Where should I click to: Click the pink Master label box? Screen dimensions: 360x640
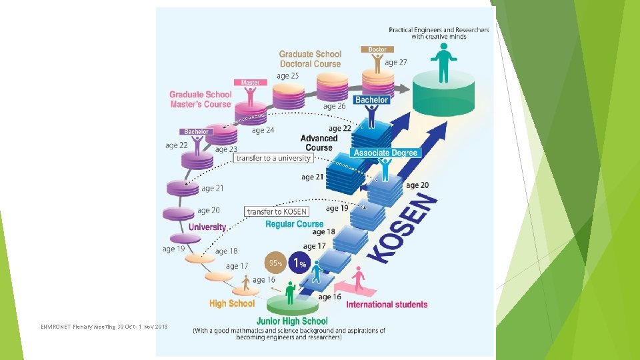pyautogui.click(x=250, y=83)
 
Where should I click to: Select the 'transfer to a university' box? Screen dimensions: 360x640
pyautogui.click(x=273, y=158)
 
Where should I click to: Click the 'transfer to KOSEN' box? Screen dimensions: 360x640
pyautogui.click(x=277, y=211)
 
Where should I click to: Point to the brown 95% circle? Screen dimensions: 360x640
pyautogui.click(x=276, y=263)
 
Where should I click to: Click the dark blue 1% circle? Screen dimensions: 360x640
pyautogui.click(x=301, y=263)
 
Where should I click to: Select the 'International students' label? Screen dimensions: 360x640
pyautogui.click(x=387, y=305)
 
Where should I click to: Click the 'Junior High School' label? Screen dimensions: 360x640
pyautogui.click(x=292, y=321)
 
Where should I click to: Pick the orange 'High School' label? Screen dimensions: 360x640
pyautogui.click(x=232, y=304)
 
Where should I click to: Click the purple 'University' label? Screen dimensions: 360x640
pyautogui.click(x=207, y=227)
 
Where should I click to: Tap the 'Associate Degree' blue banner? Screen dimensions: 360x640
pyautogui.click(x=386, y=153)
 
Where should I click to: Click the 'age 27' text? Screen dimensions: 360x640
pyautogui.click(x=396, y=62)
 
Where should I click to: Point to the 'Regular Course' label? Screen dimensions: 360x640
pyautogui.click(x=294, y=224)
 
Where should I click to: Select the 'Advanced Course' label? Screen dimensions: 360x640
pyautogui.click(x=319, y=143)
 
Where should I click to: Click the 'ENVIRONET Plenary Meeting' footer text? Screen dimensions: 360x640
pyautogui.click(x=104, y=326)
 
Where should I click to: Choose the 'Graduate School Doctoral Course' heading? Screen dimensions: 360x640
pyautogui.click(x=310, y=59)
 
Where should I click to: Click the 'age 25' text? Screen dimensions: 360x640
pyautogui.click(x=288, y=76)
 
